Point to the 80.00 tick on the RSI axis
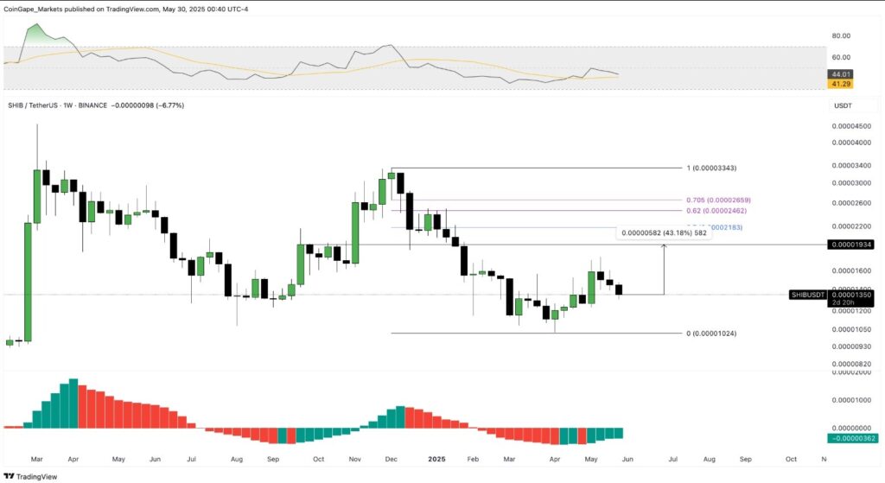coord(841,35)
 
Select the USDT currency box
coord(843,105)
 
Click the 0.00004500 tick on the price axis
coord(850,126)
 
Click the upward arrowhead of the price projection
coord(664,248)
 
